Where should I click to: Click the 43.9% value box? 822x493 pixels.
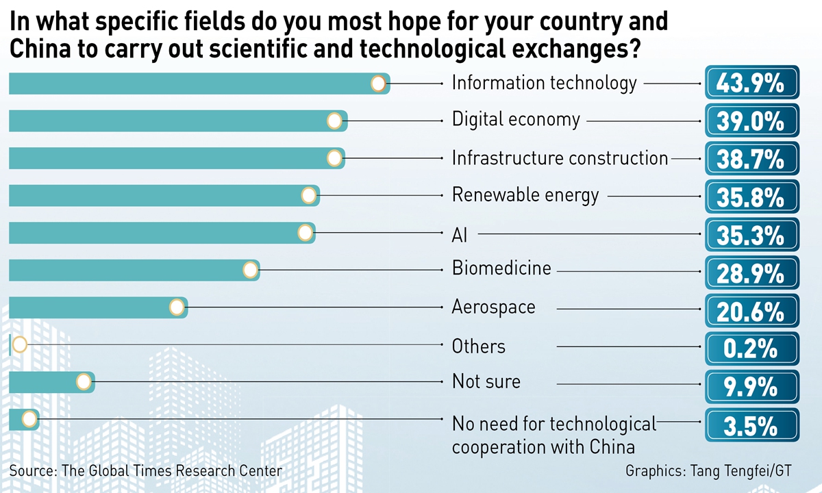tap(751, 84)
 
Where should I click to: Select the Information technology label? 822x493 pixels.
tap(544, 84)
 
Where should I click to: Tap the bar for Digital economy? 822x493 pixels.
tap(171, 121)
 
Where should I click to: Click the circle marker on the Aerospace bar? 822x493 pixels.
tap(177, 307)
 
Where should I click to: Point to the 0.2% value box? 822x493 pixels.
tap(751, 347)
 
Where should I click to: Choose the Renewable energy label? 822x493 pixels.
tap(525, 195)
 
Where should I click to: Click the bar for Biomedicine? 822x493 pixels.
tap(130, 270)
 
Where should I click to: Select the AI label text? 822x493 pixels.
tap(460, 234)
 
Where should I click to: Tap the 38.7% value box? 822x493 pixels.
tap(751, 159)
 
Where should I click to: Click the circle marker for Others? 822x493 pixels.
tap(19, 344)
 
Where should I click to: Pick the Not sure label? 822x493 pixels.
tap(486, 381)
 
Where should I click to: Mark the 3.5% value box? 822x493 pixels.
tap(751, 425)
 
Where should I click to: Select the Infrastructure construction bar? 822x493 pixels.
tap(171, 158)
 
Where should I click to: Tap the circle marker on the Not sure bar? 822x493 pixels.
tap(84, 381)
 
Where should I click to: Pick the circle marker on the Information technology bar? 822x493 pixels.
tap(377, 84)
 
